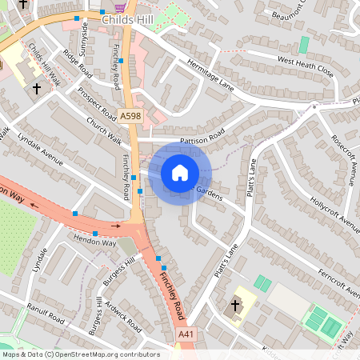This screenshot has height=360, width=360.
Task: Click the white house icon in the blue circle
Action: tap(180, 172)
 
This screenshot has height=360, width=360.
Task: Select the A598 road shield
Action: tap(130, 117)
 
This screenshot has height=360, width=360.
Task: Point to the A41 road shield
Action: tap(186, 334)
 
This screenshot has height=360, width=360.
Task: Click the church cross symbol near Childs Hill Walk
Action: tap(37, 88)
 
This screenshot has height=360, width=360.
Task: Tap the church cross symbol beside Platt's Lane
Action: tap(235, 305)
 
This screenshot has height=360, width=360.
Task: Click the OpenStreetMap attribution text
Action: tap(80, 354)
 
